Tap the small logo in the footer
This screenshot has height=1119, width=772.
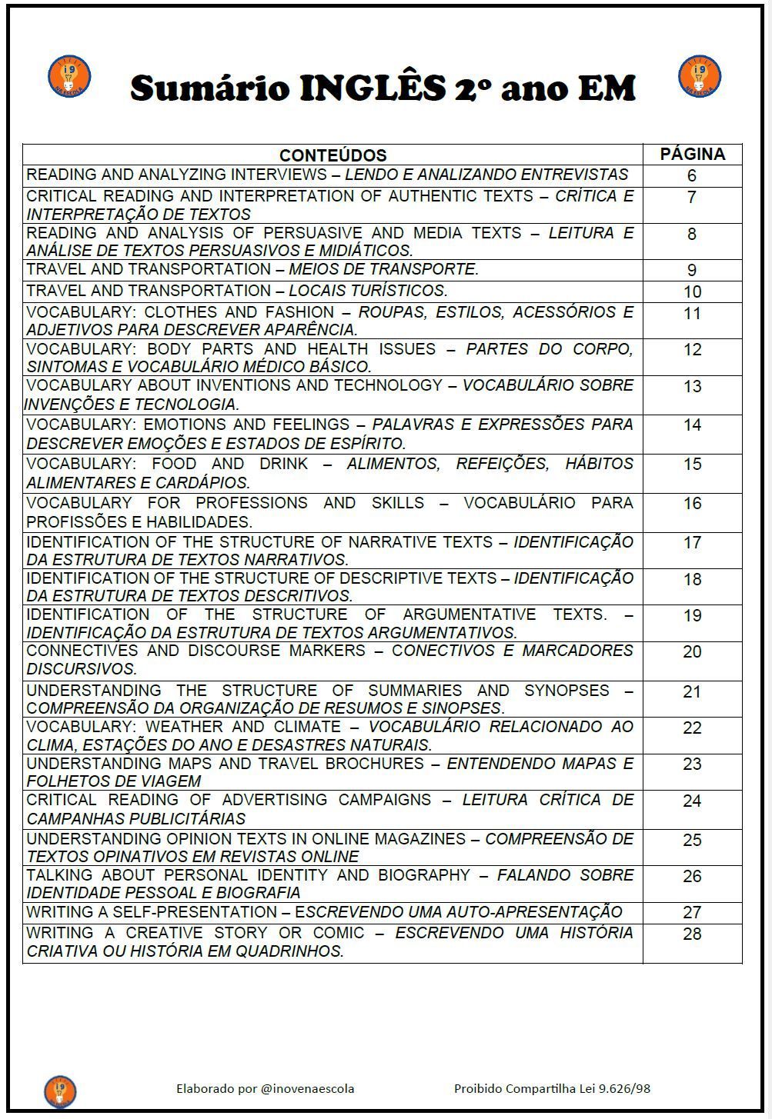coord(60,1091)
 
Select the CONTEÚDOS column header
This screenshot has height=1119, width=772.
coord(333,155)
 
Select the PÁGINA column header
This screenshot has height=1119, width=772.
coord(692,154)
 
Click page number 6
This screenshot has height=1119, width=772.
coord(692,176)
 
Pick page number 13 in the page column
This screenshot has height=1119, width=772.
coord(692,387)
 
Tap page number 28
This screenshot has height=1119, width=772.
coord(692,934)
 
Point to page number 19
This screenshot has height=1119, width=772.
coord(692,616)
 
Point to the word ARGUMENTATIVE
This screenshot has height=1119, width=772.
coord(469,614)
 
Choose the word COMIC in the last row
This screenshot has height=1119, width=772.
coord(338,933)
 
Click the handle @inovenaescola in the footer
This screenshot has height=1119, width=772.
coord(308,1089)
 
